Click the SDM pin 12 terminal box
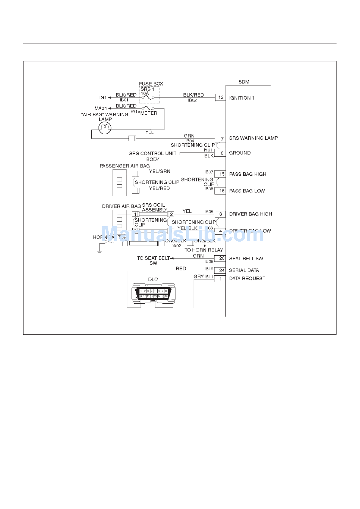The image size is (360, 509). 221,97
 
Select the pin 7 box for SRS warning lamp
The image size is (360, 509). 221,139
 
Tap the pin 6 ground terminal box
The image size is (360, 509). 220,153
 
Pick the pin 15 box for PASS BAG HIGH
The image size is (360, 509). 220,174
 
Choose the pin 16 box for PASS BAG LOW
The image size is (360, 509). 220,191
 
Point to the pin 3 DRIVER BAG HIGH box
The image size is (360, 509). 220,214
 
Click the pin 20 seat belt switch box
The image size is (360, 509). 220,259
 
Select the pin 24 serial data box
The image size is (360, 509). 220,270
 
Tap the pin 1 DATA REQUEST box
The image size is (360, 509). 220,279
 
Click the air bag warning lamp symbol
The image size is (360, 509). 105,128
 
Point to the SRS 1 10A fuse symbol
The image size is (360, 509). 148,98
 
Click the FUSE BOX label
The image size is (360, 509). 151,84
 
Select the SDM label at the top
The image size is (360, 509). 244,82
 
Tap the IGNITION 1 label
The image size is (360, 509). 241,98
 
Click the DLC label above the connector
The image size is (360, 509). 153,279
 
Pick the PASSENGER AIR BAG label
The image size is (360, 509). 124,166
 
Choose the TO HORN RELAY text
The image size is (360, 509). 203,250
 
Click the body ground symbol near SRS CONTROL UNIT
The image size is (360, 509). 180,155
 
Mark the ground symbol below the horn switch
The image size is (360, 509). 100,251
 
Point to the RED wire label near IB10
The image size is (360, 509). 181,269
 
